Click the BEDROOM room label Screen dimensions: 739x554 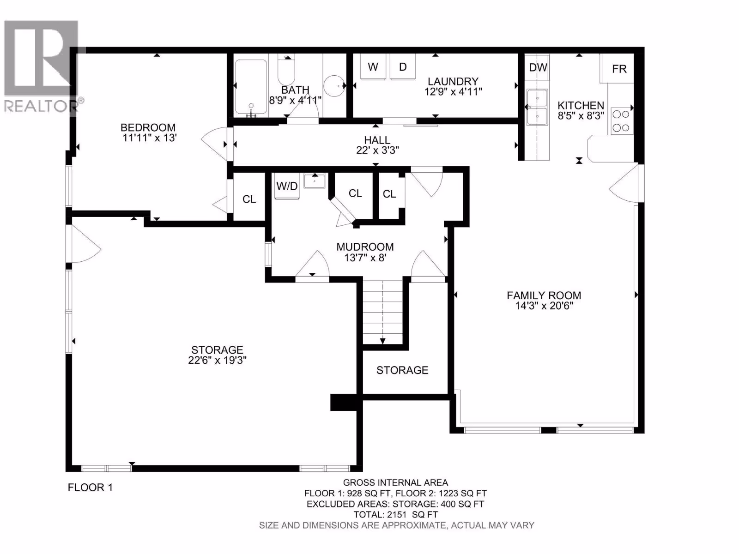(148, 127)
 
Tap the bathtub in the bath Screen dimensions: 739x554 (251, 87)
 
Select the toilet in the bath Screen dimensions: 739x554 (286, 70)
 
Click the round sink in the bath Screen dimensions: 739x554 (334, 86)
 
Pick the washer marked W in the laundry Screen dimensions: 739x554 (373, 66)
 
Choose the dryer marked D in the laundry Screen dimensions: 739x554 (403, 66)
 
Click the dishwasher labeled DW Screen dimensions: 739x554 (538, 67)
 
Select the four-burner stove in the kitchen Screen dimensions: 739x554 (622, 121)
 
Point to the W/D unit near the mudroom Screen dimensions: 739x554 (287, 186)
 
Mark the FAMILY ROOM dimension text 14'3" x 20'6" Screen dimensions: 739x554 (544, 306)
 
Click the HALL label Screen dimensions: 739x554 (377, 140)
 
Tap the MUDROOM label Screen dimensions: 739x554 (365, 247)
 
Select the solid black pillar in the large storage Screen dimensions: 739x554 (344, 402)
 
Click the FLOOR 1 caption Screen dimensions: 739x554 (90, 488)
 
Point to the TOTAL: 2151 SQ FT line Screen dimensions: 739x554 (395, 514)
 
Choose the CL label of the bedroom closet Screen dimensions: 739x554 (249, 199)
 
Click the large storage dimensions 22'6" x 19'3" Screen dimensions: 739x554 (217, 360)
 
